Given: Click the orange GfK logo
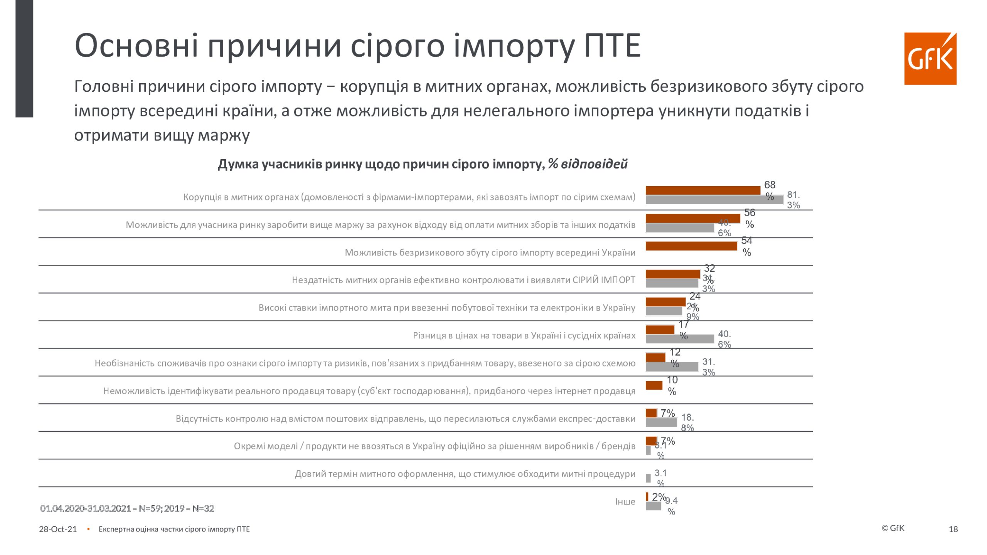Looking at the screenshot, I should (x=930, y=59).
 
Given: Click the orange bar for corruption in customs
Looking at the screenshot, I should (x=702, y=190).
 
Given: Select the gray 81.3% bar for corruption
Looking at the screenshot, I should (x=714, y=200).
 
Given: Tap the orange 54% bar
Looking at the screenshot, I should (x=691, y=246).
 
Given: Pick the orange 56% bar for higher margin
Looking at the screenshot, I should (x=692, y=219).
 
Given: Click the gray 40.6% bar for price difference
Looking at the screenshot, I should (x=679, y=339).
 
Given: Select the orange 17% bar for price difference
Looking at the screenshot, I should (x=660, y=330).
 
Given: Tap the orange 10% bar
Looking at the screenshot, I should (x=654, y=385).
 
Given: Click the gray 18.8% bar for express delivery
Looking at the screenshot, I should (x=661, y=422).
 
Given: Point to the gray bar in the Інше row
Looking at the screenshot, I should (x=653, y=506).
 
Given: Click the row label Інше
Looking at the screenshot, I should (x=625, y=501).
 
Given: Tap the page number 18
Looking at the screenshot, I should (x=953, y=529).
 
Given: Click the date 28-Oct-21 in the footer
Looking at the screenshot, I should (x=58, y=529).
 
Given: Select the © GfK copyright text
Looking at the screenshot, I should (x=893, y=528).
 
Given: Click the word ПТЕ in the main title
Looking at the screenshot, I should (x=612, y=45).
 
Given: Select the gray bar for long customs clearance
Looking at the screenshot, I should (x=648, y=478).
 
